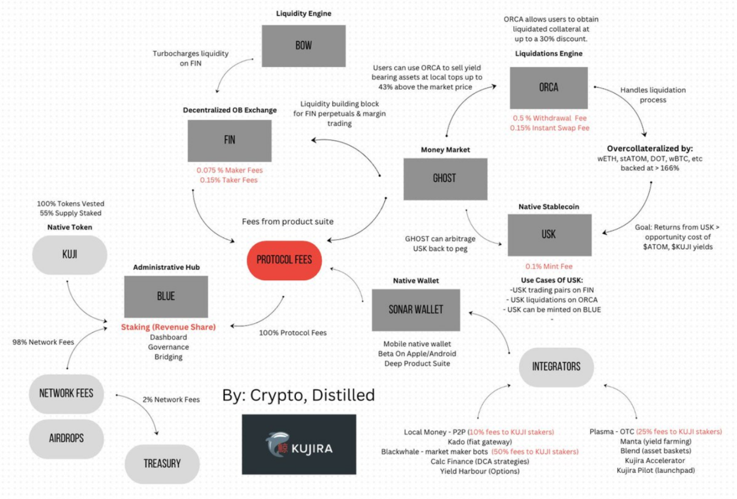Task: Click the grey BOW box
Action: tap(303, 46)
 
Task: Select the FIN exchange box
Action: tap(229, 141)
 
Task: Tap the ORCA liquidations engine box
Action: tap(549, 88)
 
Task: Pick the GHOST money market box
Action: tap(445, 178)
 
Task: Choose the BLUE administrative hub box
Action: tap(166, 296)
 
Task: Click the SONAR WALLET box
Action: tap(416, 310)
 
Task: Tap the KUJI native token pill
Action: tap(70, 255)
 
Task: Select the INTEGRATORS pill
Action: tap(556, 366)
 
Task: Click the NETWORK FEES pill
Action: tap(66, 394)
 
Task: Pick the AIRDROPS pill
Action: tap(66, 438)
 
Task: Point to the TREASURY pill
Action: tap(162, 463)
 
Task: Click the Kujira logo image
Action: tap(299, 443)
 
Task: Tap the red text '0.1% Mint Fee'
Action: tap(549, 267)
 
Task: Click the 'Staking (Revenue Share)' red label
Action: tap(168, 327)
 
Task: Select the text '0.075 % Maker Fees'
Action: tap(229, 170)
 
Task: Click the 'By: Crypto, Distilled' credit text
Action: tap(298, 395)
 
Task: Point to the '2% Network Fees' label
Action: tap(171, 399)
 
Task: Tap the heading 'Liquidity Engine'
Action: tap(303, 13)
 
